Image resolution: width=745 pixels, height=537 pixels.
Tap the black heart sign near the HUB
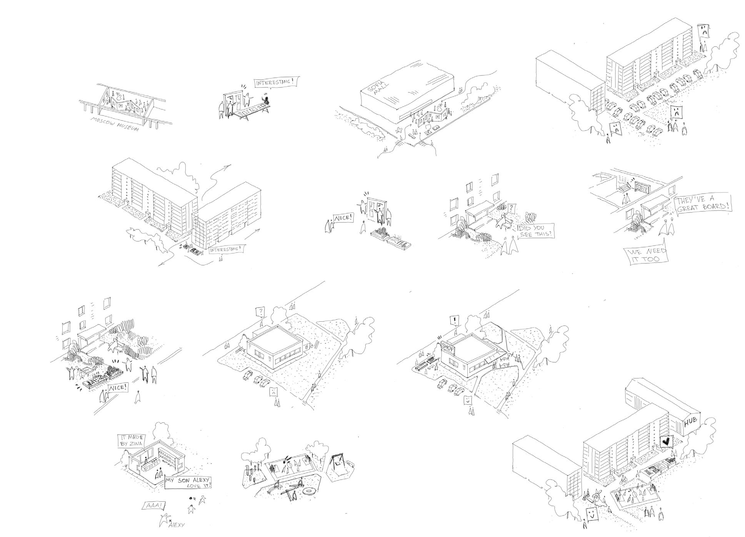pos(665,441)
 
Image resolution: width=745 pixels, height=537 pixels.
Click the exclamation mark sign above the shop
pos(455,320)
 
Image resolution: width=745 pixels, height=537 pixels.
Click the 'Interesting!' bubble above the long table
pos(276,82)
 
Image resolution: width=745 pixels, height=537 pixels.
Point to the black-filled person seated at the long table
pos(266,101)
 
